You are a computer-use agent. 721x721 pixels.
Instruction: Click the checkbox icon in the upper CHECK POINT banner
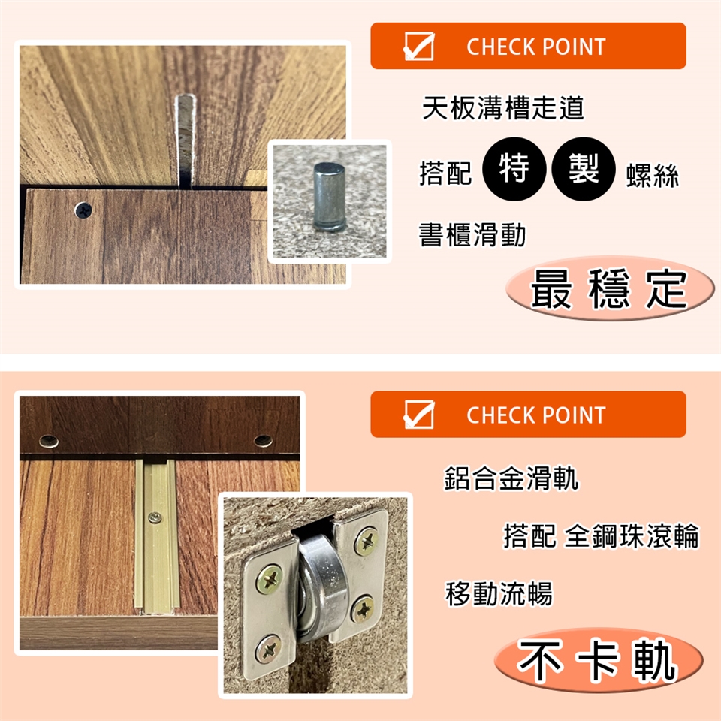tap(418, 46)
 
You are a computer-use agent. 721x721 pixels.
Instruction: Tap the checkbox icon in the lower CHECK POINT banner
tap(418, 414)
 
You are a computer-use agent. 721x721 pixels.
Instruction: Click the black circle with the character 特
tap(514, 169)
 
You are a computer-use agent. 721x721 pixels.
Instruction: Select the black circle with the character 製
tap(584, 169)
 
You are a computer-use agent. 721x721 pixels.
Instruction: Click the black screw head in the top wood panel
tap(83, 210)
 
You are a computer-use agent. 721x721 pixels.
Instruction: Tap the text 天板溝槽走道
tap(503, 108)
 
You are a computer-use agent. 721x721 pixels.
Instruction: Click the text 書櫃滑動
tap(472, 234)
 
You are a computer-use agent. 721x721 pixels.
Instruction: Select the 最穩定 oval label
tap(610, 288)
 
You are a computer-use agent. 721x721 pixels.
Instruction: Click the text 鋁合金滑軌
tap(511, 478)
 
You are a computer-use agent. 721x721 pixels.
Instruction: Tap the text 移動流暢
tap(499, 593)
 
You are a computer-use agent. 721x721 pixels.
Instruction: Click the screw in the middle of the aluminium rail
tap(155, 518)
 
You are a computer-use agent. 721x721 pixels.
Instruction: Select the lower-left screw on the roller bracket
tap(269, 649)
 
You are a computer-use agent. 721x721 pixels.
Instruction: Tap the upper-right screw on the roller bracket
tap(367, 541)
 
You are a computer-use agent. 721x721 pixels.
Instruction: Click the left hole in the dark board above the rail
tap(49, 442)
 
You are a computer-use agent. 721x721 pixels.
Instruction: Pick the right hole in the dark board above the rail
tap(263, 441)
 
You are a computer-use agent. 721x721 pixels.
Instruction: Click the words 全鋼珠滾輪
tap(632, 536)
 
